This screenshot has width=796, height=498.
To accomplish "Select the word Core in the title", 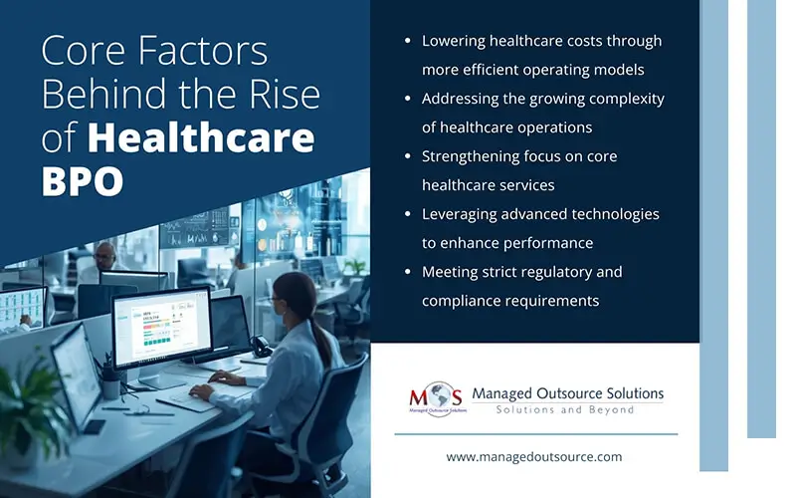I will pyautogui.click(x=86, y=52).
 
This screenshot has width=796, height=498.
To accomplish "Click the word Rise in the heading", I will pyautogui.click(x=282, y=95).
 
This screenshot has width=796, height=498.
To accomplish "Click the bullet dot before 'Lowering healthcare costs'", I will pyautogui.click(x=407, y=42).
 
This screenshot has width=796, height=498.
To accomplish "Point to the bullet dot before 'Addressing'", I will pyautogui.click(x=407, y=100).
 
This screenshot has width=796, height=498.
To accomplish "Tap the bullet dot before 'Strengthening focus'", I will pyautogui.click(x=407, y=157).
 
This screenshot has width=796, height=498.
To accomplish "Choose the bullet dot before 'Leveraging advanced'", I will pyautogui.click(x=407, y=215).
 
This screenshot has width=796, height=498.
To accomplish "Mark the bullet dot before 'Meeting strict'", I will pyautogui.click(x=407, y=273).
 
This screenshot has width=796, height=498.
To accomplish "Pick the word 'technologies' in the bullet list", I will pyautogui.click(x=615, y=214).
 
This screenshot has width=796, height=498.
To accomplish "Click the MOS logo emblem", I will pyautogui.click(x=435, y=395).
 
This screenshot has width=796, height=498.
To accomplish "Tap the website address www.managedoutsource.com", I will pyautogui.click(x=534, y=456).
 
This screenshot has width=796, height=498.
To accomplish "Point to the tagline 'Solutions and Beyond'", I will pyautogui.click(x=565, y=410).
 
